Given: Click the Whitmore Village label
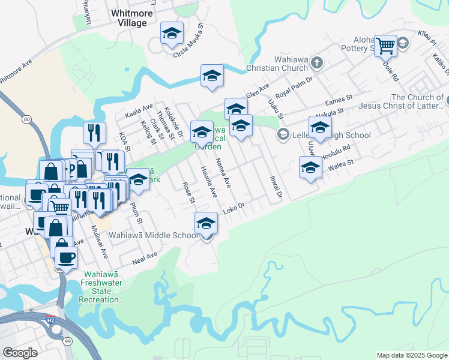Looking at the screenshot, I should (128, 17).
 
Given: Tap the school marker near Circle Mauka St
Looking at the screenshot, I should (172, 34).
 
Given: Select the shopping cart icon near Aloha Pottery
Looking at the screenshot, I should (385, 45).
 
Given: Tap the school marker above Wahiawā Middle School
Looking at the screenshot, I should (206, 223).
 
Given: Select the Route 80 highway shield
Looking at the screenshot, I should (27, 119).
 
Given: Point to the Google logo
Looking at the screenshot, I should (19, 352).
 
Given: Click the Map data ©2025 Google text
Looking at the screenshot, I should (412, 355).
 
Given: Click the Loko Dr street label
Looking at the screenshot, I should (235, 208).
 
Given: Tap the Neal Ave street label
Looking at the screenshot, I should (145, 259).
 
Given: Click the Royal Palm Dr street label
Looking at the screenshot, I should (294, 88).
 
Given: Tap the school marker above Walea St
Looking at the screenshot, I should (310, 167).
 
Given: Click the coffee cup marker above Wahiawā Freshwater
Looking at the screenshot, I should (66, 257).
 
